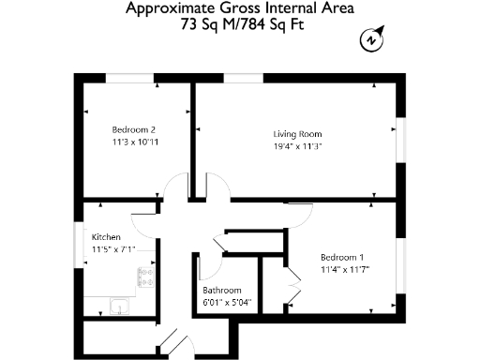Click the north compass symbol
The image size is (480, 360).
[x=372, y=40]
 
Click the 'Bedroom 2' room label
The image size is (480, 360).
[x=133, y=129]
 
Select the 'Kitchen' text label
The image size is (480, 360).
[x=106, y=238]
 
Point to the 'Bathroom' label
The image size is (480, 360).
[x=222, y=291]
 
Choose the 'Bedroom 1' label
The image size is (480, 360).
[x=341, y=257]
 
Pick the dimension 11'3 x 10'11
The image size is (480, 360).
[x=133, y=142]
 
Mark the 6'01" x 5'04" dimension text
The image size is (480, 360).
[x=228, y=303]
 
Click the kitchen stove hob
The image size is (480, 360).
[x=145, y=277]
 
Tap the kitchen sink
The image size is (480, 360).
[x=119, y=307]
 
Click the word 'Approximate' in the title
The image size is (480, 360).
[x=167, y=10]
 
